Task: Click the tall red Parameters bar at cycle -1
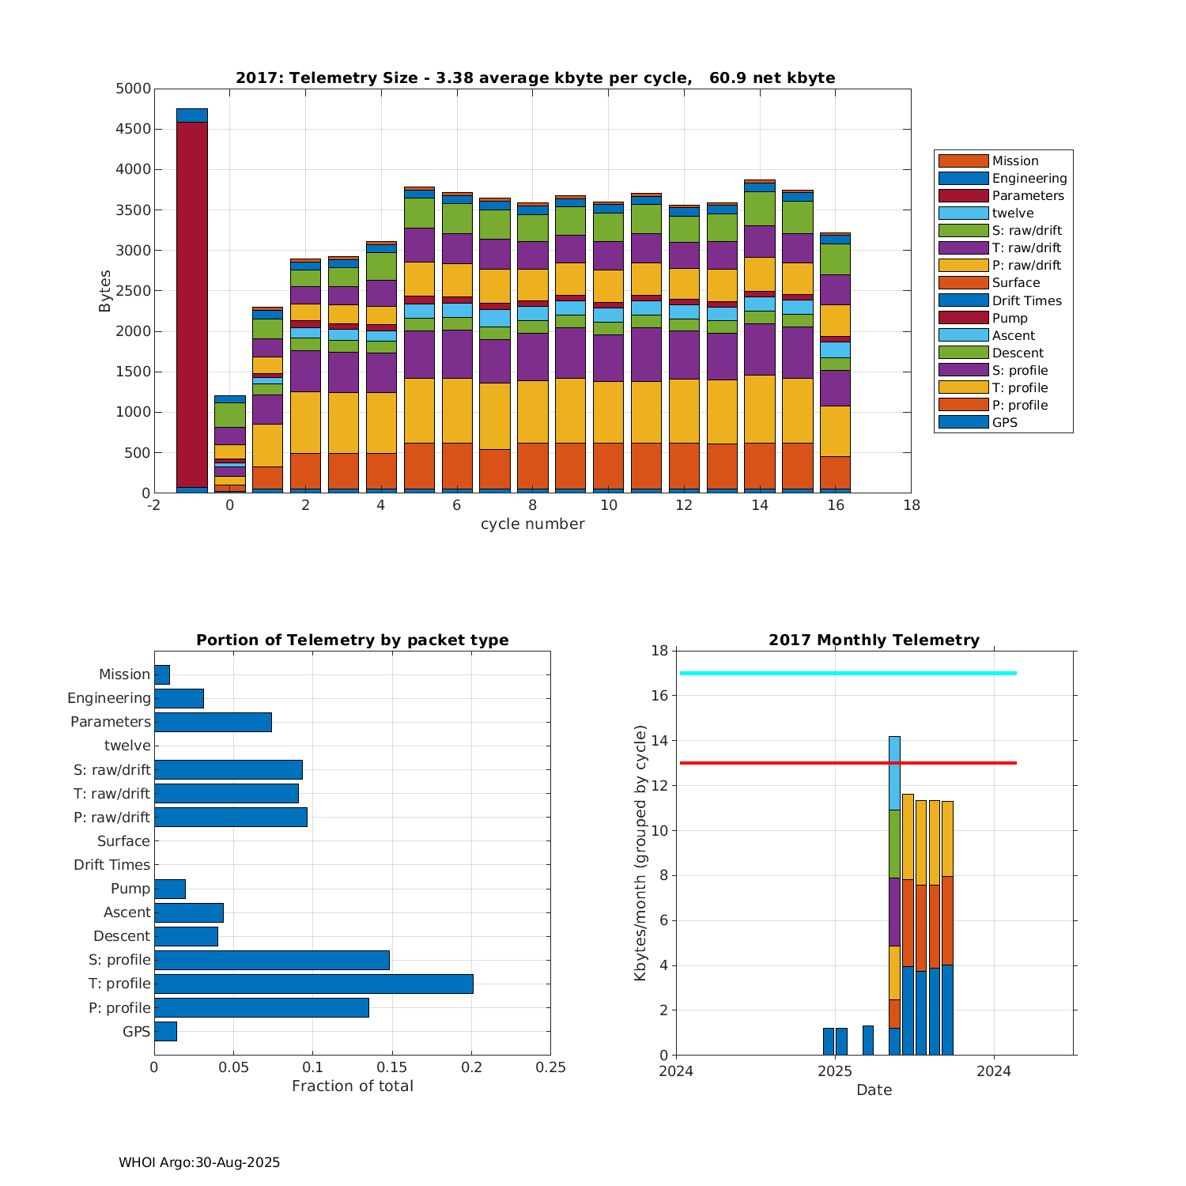tap(192, 304)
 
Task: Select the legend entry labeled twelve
tap(1012, 213)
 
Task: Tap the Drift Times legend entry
tap(1026, 300)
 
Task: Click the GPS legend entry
tap(1004, 422)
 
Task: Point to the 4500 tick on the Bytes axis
tap(133, 129)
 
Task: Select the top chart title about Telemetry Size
tap(535, 77)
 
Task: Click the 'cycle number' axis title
tap(532, 524)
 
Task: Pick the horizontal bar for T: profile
tap(314, 984)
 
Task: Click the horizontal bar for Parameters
tap(213, 722)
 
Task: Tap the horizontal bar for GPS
tap(165, 1031)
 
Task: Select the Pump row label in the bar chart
tap(130, 889)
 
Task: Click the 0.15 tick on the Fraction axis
tap(392, 1067)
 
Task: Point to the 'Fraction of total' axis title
tap(353, 1086)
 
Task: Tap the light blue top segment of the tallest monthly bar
tap(894, 772)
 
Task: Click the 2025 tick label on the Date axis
tap(835, 1071)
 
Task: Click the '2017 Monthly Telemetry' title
tap(874, 640)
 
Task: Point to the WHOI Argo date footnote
tap(199, 1162)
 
